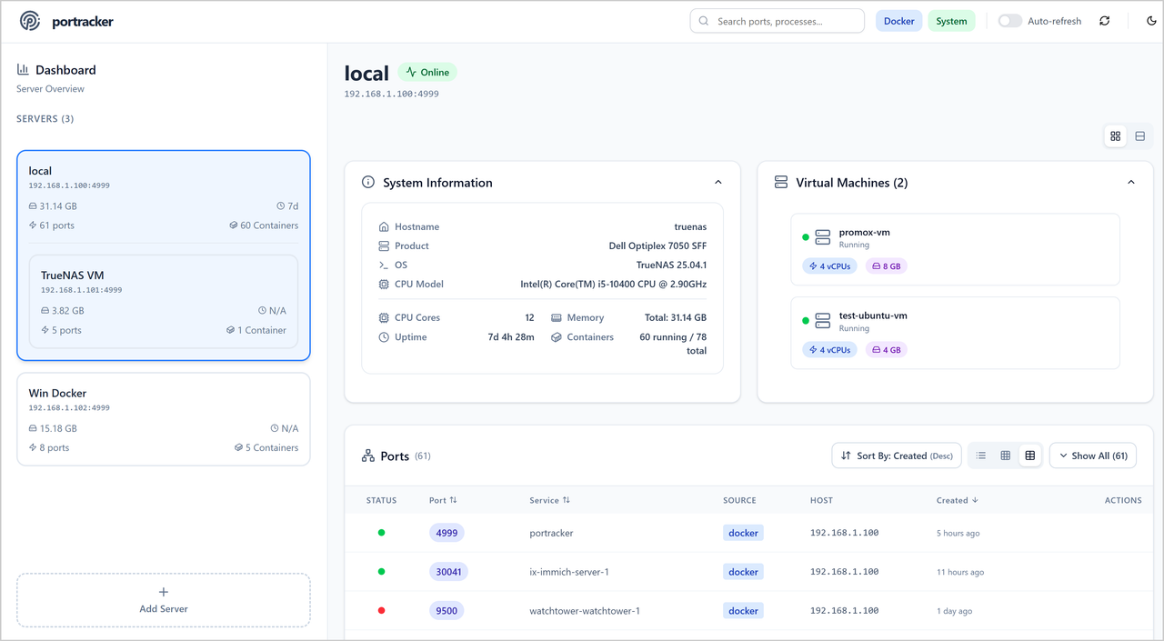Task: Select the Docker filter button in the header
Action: point(898,21)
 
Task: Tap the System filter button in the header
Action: point(951,21)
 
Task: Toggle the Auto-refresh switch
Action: point(1009,21)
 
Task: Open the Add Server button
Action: point(164,600)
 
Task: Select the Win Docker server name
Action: point(57,394)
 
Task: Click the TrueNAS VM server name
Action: point(72,275)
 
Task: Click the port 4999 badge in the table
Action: point(447,533)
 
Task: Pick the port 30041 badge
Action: point(448,572)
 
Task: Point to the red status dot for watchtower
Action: point(381,610)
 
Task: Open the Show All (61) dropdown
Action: point(1092,456)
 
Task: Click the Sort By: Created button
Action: point(896,456)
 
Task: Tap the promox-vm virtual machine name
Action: point(864,233)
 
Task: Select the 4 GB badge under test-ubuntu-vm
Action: point(887,350)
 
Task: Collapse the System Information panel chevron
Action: point(718,183)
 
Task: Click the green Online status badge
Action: point(427,73)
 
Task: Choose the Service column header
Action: point(544,500)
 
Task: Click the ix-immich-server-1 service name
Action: point(569,572)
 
